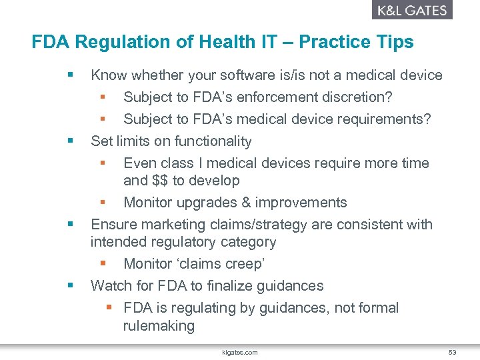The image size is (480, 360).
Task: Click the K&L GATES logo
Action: pos(411,10)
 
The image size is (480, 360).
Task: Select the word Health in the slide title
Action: pos(221,42)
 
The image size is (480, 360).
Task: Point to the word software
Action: pos(249,75)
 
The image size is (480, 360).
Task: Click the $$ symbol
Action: pos(159,181)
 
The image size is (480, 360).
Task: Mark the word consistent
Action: pos(370,225)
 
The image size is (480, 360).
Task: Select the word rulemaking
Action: pos(159,326)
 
